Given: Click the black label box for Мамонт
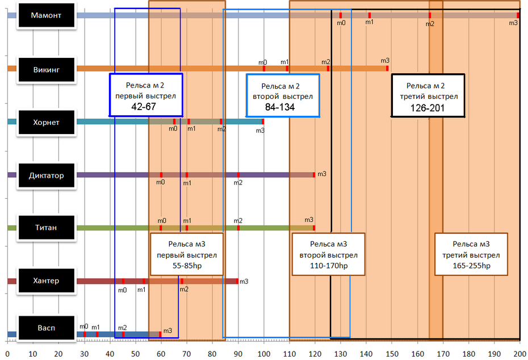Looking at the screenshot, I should tap(47, 16).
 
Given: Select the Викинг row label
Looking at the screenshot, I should tap(47, 69).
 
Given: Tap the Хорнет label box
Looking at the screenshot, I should tap(47, 122).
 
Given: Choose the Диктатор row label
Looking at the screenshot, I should tap(47, 175).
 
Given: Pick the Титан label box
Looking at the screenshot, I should tap(47, 228).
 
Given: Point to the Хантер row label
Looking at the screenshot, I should tap(47, 281).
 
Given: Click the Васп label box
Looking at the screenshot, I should tap(47, 328).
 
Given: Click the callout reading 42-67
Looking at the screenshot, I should tap(146, 95).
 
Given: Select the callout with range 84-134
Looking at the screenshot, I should tap(283, 96).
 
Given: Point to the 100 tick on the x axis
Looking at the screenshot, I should tap(263, 354).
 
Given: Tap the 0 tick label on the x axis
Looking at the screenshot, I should tap(7, 354).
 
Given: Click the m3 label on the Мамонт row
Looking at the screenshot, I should tap(513, 23).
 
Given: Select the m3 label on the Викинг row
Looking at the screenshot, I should tap(385, 60).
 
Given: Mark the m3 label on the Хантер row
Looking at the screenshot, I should tap(244, 281).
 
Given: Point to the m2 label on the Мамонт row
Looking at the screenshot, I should tap(430, 23).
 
